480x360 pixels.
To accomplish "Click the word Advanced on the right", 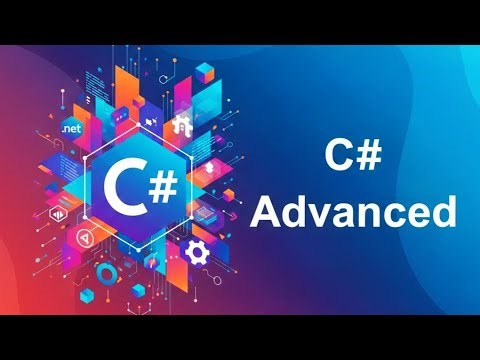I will click(354, 212).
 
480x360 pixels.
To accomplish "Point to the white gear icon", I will click(196, 250).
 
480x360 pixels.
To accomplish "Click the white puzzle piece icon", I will click(182, 126).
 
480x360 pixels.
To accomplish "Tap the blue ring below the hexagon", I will click(104, 272).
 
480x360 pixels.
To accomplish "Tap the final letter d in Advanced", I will click(441, 212).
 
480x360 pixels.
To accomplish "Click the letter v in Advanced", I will click(323, 215).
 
